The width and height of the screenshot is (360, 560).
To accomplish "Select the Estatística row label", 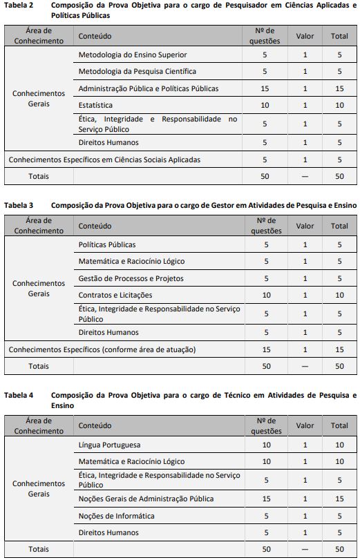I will click(x=95, y=106).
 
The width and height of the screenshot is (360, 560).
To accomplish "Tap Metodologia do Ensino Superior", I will click(x=132, y=55).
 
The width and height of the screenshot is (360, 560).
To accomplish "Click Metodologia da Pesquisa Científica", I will click(x=137, y=71).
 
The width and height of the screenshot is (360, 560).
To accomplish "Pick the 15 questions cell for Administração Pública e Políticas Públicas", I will click(x=265, y=88).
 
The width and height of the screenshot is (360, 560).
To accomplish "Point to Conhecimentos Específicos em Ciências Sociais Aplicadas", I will click(x=104, y=160).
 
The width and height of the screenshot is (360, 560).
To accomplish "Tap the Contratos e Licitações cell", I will click(x=115, y=295).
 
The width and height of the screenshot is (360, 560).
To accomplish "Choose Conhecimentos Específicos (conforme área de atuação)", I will click(x=102, y=349).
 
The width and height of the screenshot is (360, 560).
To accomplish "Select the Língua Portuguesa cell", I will click(x=109, y=445).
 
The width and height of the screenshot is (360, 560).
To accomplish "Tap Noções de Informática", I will click(x=116, y=516).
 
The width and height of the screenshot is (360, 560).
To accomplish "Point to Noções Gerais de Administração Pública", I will click(x=146, y=499).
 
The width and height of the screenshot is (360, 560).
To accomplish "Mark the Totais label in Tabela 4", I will click(x=39, y=549).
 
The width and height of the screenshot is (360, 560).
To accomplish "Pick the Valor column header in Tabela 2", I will click(x=305, y=35).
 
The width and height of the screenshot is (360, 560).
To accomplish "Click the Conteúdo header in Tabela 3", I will click(x=95, y=226).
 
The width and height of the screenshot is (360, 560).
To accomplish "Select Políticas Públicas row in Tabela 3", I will click(x=107, y=244).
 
